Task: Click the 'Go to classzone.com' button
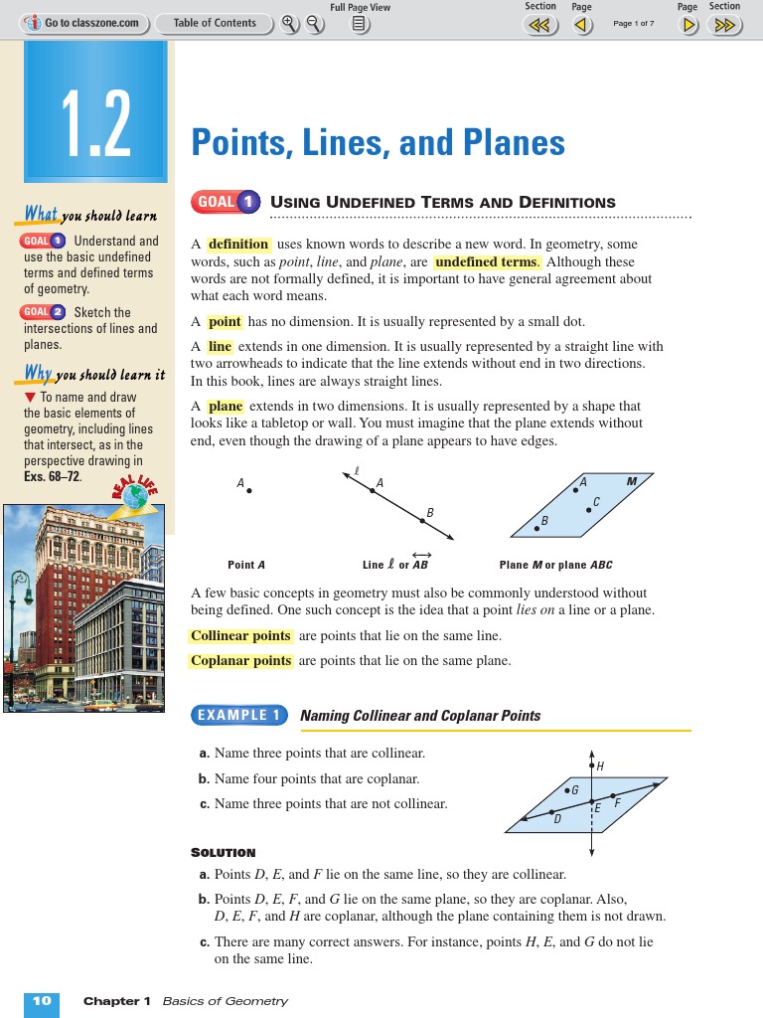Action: (84, 23)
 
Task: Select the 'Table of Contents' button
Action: (215, 23)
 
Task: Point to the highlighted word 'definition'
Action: (238, 245)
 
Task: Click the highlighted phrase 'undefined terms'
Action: (487, 262)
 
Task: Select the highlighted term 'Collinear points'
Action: (241, 636)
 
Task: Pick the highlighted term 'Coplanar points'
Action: (241, 661)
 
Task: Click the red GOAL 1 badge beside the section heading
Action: (226, 203)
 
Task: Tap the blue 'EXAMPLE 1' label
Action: (238, 715)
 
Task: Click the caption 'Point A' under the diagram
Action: (246, 565)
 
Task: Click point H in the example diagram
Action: (593, 765)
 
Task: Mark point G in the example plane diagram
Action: (567, 791)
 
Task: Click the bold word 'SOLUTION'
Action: (223, 852)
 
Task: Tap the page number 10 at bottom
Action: (42, 1001)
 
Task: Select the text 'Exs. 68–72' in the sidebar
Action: (52, 476)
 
